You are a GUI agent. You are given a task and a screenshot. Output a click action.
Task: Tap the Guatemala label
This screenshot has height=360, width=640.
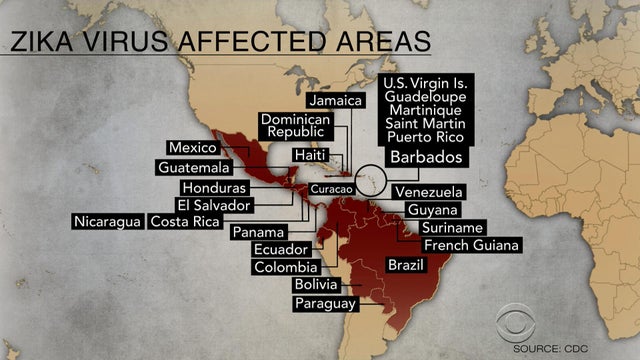194,167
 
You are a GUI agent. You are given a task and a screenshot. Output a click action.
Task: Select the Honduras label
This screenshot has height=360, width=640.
211,188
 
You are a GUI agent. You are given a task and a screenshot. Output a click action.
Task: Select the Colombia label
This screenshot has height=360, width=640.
285,267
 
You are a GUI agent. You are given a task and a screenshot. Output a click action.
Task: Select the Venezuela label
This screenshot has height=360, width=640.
428,191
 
